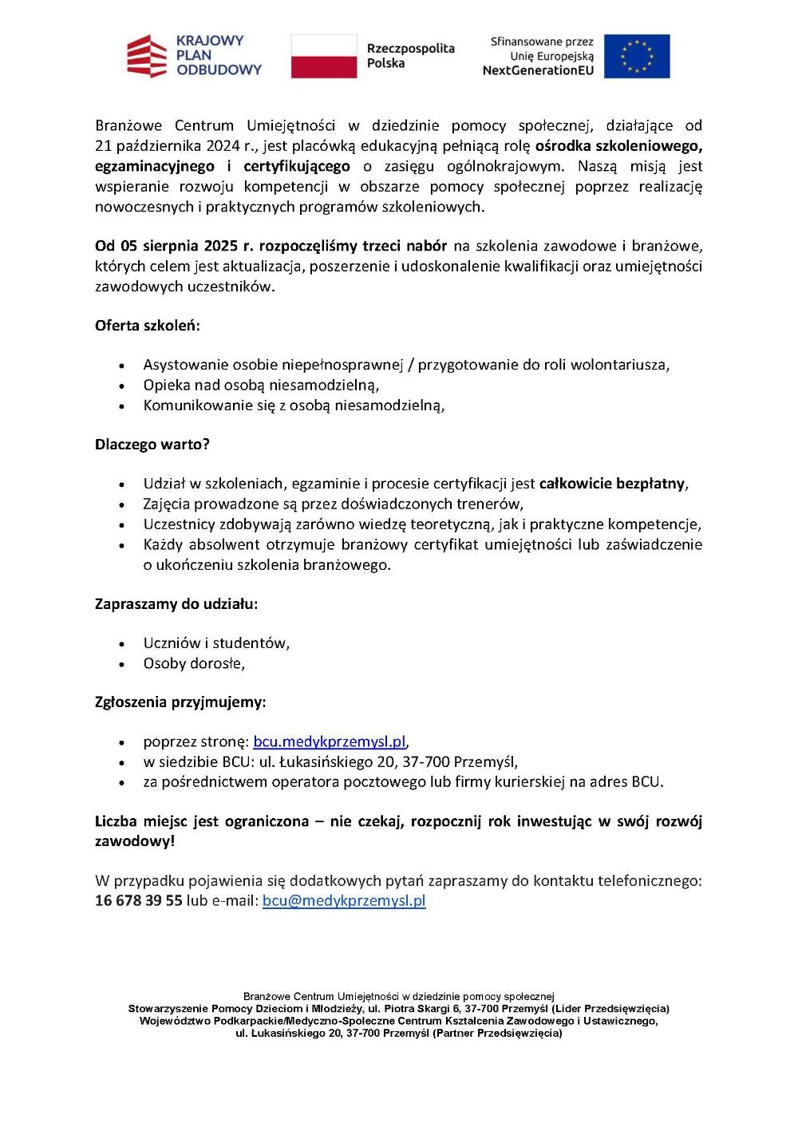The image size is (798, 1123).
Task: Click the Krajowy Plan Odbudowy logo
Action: [194, 55]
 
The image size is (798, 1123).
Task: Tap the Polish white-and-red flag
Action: [323, 56]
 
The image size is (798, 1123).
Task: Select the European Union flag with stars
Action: [636, 56]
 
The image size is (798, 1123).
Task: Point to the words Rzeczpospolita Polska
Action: [409, 55]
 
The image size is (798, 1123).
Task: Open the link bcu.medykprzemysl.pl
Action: [330, 741]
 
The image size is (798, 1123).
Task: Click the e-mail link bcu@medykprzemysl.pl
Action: [344, 900]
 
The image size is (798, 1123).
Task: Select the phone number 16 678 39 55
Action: [138, 900]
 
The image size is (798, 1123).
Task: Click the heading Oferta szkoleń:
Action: [148, 326]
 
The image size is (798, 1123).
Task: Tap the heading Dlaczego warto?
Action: [152, 444]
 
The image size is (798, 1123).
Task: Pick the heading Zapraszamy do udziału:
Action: [176, 603]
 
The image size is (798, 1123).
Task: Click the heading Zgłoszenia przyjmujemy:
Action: [180, 702]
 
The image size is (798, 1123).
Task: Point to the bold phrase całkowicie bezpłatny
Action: [611, 484]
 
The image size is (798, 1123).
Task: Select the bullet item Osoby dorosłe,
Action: [194, 663]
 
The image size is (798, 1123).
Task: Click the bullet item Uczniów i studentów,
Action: [216, 643]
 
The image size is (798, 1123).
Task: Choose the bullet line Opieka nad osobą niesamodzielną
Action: [261, 385]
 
